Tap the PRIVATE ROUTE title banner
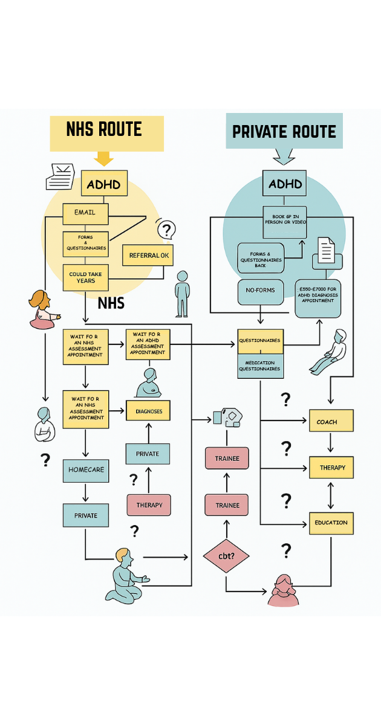(x=284, y=130)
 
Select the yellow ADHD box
(x=104, y=184)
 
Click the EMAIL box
(x=85, y=213)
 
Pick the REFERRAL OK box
(x=148, y=255)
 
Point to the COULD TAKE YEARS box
(x=85, y=278)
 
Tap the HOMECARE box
(x=86, y=470)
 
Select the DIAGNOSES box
(x=148, y=411)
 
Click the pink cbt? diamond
(x=226, y=555)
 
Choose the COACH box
(x=331, y=420)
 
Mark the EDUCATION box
(x=331, y=523)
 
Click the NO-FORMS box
(x=260, y=291)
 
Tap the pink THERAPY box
(x=149, y=505)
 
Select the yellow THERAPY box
(x=331, y=468)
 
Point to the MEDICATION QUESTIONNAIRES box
(x=260, y=366)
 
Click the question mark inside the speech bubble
(x=167, y=230)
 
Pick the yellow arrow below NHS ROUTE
(x=104, y=159)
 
